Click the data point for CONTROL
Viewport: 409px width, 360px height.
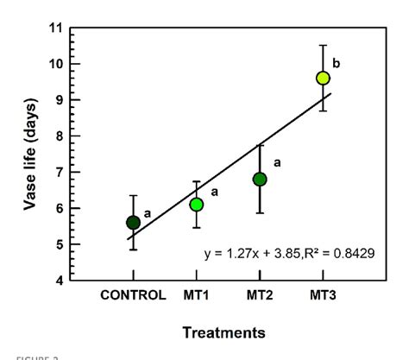coord(133,223)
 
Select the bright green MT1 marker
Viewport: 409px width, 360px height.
coord(197,205)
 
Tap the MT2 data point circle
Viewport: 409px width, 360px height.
coord(260,180)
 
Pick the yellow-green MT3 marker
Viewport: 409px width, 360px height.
coord(323,78)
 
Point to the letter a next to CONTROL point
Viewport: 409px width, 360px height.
coord(148,212)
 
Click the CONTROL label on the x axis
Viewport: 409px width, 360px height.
coord(133,295)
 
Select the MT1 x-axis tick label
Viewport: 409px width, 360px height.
coord(197,295)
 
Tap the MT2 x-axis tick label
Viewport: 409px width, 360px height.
coord(260,295)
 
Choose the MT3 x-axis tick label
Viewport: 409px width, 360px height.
coord(323,295)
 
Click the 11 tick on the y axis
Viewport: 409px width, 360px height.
coord(56,28)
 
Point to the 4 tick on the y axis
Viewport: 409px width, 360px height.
coord(59,281)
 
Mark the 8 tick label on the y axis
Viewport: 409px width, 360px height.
coord(59,136)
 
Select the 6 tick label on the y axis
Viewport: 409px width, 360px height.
coord(59,208)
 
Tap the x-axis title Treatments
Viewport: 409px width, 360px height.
coord(223,332)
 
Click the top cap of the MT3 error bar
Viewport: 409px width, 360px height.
coord(323,45)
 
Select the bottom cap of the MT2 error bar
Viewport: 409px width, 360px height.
coord(260,212)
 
